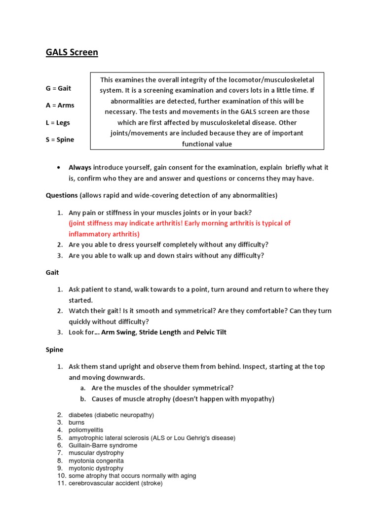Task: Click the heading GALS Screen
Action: (x=72, y=52)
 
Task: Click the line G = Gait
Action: (x=58, y=88)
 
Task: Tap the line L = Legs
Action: (x=59, y=122)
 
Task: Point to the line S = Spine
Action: (x=60, y=140)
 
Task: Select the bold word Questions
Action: (x=62, y=195)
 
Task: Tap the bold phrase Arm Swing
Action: (x=118, y=332)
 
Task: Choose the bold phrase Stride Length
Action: (x=160, y=332)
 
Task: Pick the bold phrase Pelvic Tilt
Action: (x=211, y=332)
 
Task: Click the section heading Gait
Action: (x=52, y=272)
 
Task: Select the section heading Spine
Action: (x=54, y=350)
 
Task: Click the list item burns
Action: (x=76, y=423)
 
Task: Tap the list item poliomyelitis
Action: (x=86, y=430)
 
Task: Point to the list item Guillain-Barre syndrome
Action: (x=103, y=445)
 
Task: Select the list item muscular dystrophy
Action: (x=96, y=453)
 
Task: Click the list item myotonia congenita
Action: (x=96, y=461)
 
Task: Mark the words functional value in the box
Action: (x=207, y=144)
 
